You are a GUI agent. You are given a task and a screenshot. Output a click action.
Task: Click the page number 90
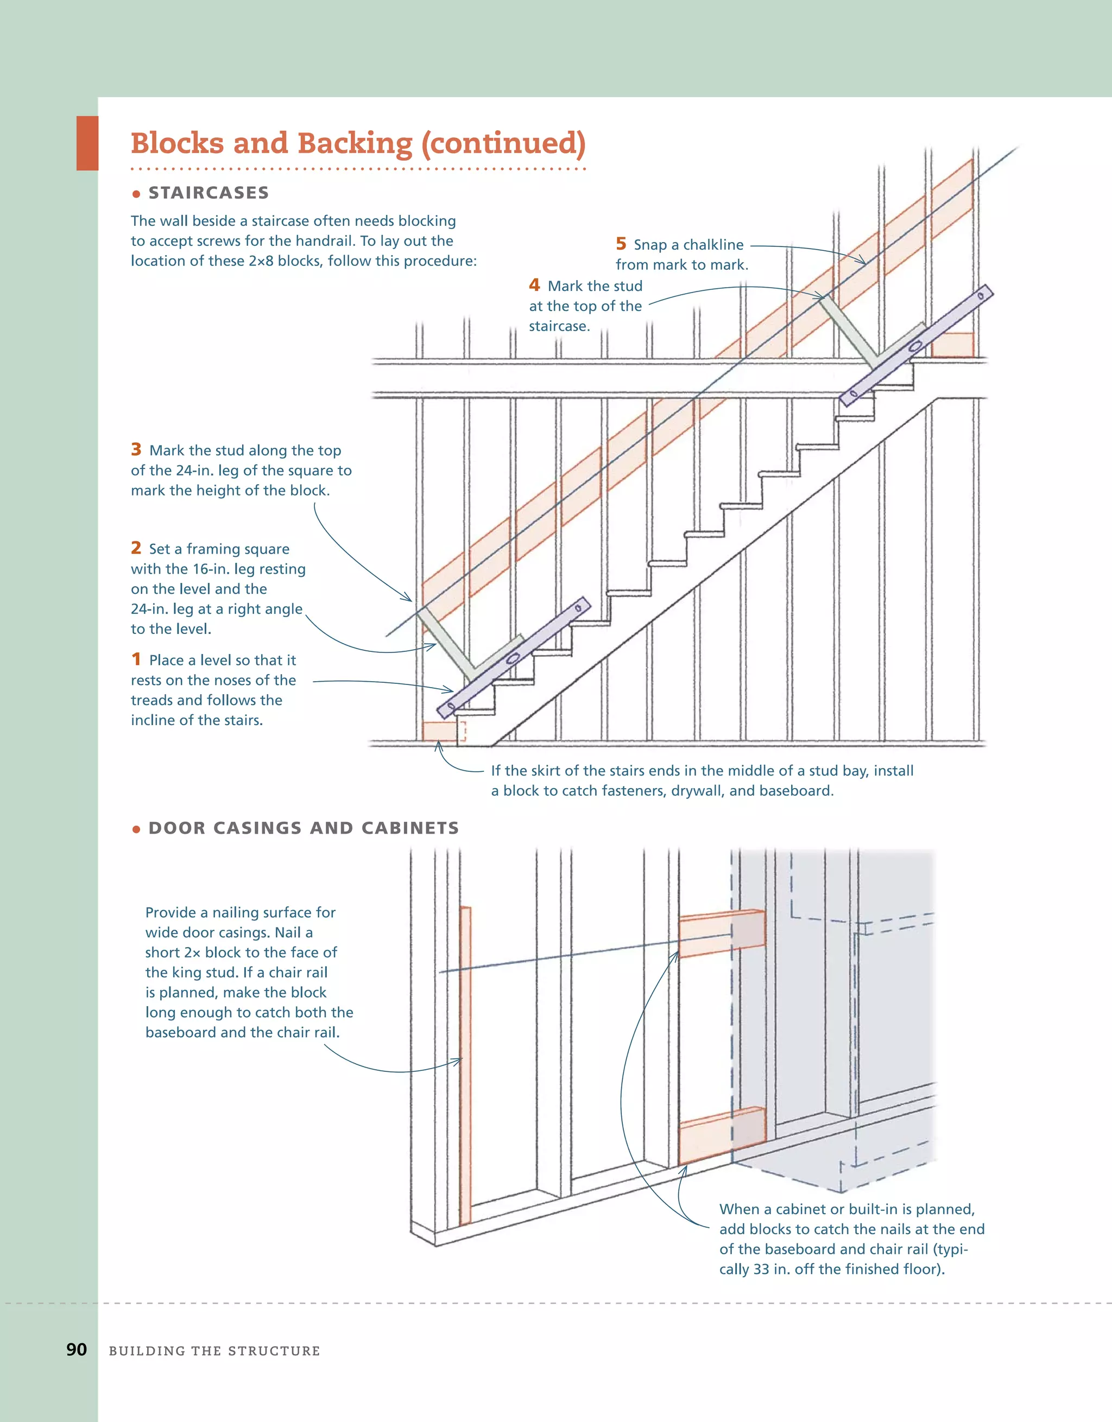pos(76,1349)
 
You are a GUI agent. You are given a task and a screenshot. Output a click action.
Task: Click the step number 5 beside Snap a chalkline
pos(621,244)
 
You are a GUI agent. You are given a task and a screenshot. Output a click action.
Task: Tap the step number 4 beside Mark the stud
pos(534,285)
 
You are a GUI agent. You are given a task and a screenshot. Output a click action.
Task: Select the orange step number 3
pos(136,449)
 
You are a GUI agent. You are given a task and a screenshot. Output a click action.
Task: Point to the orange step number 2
pos(136,548)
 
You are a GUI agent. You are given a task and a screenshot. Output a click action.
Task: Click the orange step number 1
pos(136,659)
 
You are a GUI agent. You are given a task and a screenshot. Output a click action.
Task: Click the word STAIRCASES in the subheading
pos(208,193)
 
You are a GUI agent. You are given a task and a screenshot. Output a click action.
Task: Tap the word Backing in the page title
pos(355,143)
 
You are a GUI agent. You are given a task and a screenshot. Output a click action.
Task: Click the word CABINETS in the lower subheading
pos(410,828)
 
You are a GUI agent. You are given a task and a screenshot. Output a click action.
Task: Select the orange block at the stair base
pos(440,731)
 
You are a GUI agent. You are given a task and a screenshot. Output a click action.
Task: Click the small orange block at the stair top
pos(952,345)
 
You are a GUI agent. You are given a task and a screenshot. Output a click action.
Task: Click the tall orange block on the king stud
pos(465,1068)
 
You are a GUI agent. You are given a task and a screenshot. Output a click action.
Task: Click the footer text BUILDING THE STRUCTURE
pos(214,1351)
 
